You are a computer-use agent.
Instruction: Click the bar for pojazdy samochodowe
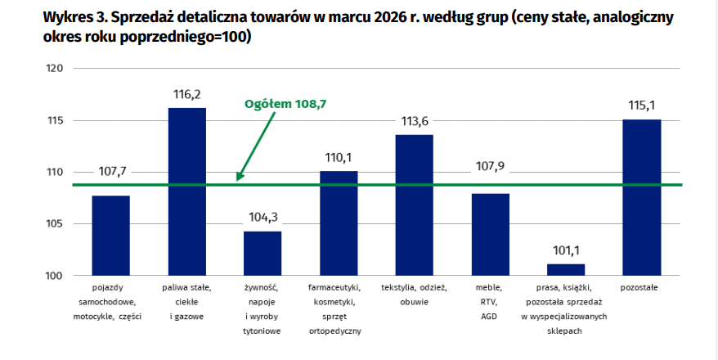110,236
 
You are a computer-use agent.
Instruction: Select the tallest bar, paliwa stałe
186,191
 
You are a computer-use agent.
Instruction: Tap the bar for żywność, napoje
263,254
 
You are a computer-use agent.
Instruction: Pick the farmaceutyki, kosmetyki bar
339,223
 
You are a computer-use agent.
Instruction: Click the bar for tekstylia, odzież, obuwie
415,205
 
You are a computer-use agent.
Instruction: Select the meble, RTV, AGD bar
490,234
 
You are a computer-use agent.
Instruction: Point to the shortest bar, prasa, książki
566,270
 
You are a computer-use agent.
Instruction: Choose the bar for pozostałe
642,197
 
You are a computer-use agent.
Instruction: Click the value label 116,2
186,95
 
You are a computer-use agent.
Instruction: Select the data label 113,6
415,122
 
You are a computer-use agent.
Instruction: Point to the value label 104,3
263,218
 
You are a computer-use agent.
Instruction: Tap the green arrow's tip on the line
238,180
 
